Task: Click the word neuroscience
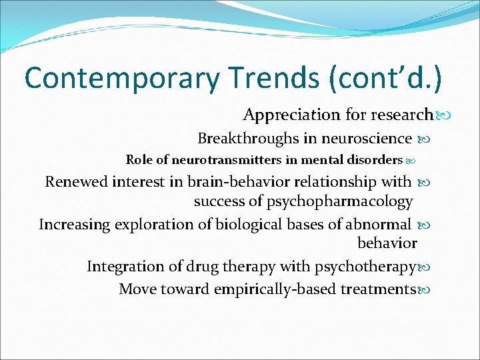tap(366, 139)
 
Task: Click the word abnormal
tap(378, 224)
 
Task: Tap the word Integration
tap(123, 267)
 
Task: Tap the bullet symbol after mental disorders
tap(411, 161)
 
